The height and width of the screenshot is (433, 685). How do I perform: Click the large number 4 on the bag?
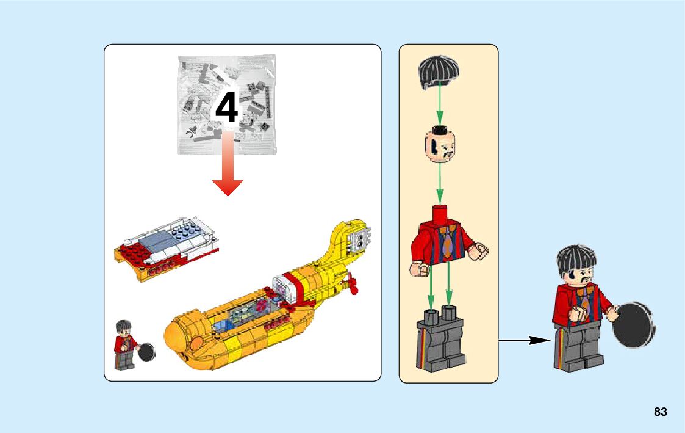click(x=227, y=107)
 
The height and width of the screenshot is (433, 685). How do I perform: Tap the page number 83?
click(x=661, y=412)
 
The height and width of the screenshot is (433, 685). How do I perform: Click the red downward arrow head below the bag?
click(x=228, y=188)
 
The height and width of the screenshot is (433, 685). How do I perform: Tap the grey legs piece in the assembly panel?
click(x=441, y=338)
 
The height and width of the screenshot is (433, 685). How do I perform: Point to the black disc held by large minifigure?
click(x=633, y=324)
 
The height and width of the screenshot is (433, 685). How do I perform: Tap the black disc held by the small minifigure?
click(x=146, y=352)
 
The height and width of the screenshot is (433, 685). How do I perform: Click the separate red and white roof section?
click(x=167, y=248)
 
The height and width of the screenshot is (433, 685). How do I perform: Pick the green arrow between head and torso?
click(x=440, y=184)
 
